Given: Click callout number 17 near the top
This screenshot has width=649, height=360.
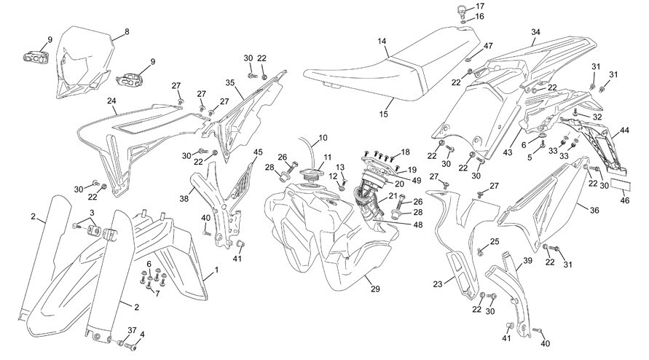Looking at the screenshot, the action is (480, 7).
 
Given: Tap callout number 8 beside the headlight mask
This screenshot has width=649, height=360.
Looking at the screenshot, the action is (127, 31).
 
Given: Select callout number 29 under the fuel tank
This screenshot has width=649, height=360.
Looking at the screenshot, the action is (375, 289).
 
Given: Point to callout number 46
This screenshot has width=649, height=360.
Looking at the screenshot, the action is (625, 200).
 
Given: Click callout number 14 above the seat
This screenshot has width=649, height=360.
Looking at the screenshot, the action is (382, 42).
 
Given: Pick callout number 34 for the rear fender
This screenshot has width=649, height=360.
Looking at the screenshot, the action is (536, 32).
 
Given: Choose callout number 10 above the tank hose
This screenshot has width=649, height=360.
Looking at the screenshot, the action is (323, 138).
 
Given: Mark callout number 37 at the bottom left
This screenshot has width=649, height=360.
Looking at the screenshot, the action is (132, 330).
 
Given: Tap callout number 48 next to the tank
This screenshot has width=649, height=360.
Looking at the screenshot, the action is (418, 225).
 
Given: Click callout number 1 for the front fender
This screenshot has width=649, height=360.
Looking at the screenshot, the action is (216, 270).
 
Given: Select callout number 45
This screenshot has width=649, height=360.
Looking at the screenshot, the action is (258, 152).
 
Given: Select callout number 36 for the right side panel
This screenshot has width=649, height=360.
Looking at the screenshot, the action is (594, 211).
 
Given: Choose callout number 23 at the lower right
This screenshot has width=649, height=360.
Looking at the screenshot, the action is (438, 284).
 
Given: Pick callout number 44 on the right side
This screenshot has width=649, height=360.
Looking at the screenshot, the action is (624, 130).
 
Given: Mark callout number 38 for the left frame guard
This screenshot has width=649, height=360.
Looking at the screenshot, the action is (184, 198).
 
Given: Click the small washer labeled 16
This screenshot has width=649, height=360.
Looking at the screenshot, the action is (463, 20).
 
